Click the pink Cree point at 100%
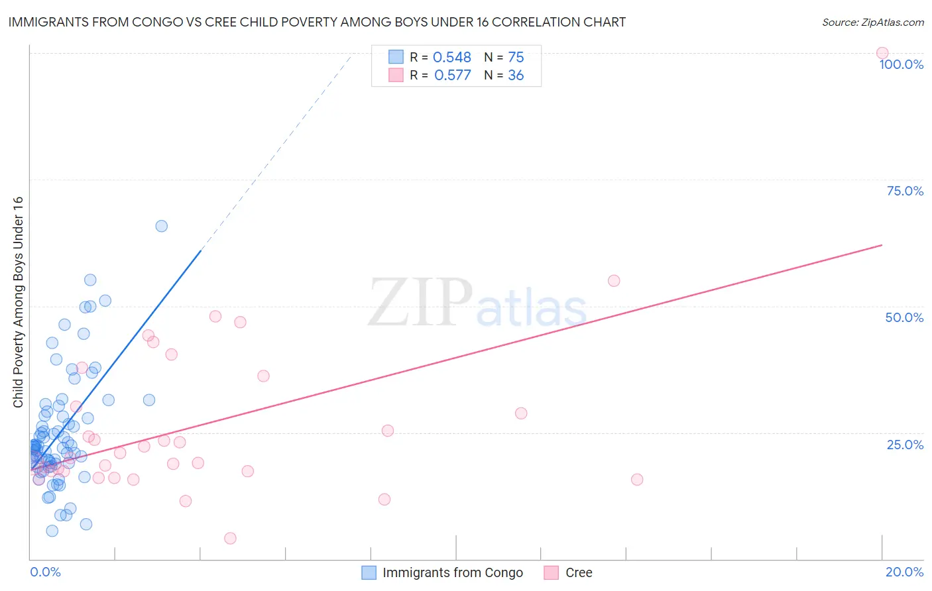pos(882,53)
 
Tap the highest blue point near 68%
pos(161,226)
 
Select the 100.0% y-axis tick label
pos(901,64)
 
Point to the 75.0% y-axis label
pos(905,191)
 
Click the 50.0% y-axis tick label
pos(904,317)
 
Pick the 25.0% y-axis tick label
pos(905,445)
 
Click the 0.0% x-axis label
pos(45,572)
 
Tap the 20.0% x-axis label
pos(904,572)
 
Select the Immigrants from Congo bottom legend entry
pos(452,572)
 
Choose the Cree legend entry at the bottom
pos(578,572)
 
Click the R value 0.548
pos(451,58)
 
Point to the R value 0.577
pos(452,76)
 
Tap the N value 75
pos(516,58)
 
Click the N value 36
pos(516,76)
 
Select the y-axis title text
pos(18,302)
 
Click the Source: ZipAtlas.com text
pos(872,23)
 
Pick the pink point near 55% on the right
pos(614,281)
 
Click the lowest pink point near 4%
pos(230,538)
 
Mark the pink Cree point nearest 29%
pos(521,413)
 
